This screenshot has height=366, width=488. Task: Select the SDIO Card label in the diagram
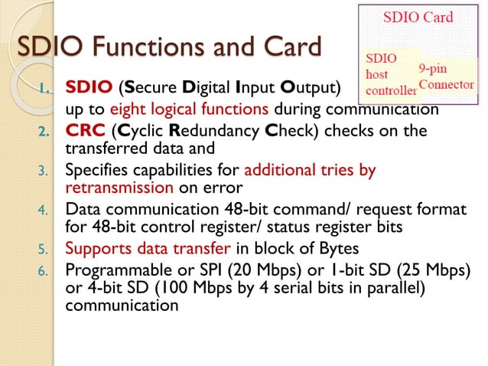[418, 17]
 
